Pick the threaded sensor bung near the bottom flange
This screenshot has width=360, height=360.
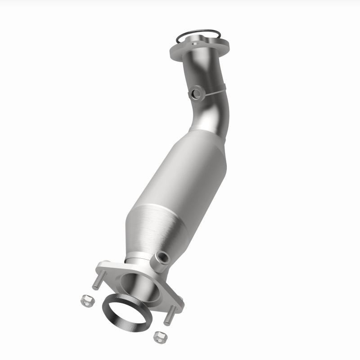pos(161,258)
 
